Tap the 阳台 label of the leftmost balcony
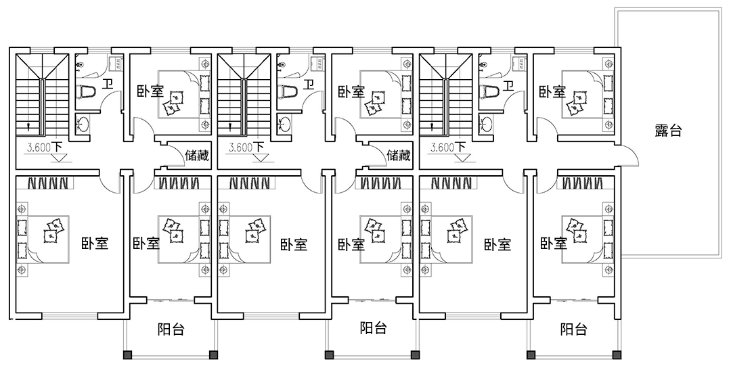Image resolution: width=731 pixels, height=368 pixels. (171, 330)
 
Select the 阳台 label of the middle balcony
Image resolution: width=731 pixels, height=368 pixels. (373, 329)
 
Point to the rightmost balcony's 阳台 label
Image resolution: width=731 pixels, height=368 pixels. (573, 330)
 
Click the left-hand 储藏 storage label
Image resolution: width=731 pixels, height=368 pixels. (197, 156)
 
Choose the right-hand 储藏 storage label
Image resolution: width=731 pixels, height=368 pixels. (399, 156)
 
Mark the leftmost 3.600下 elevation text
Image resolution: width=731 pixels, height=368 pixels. (45, 147)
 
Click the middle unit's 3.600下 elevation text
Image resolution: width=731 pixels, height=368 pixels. (247, 147)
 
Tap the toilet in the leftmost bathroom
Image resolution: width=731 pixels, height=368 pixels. (87, 92)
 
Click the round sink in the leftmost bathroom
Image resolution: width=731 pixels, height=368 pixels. (83, 124)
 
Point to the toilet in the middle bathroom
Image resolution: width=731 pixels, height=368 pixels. (289, 92)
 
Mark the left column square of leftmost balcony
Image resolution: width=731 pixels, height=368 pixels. (125, 354)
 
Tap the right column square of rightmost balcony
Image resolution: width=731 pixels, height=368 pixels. (617, 354)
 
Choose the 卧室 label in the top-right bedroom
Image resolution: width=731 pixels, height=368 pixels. (552, 91)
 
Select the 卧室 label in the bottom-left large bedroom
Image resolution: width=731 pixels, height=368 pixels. (95, 244)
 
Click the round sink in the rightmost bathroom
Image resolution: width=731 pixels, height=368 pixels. (487, 124)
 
